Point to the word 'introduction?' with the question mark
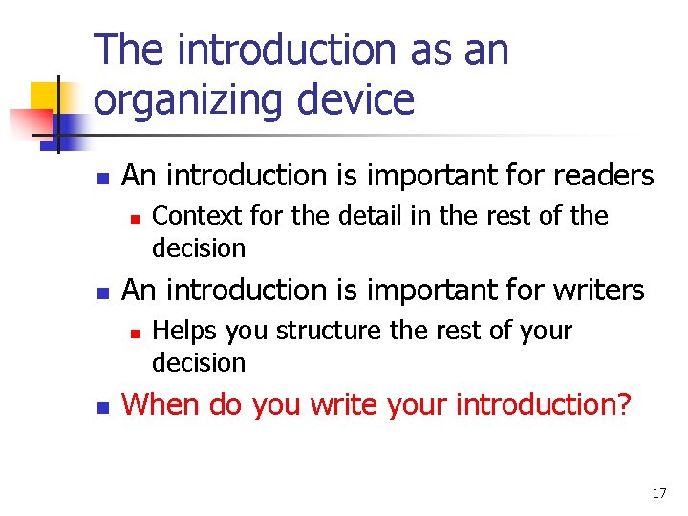click(x=544, y=404)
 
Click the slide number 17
click(x=658, y=493)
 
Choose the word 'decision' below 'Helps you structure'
click(x=199, y=363)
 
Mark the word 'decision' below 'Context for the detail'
click(x=199, y=248)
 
